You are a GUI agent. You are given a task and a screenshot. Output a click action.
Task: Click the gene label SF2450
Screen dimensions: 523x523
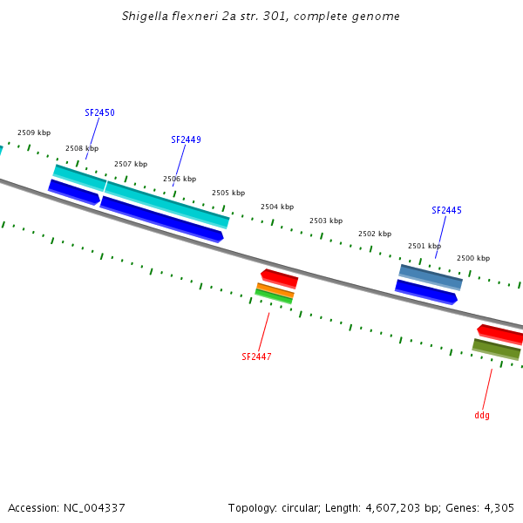pos(99,113)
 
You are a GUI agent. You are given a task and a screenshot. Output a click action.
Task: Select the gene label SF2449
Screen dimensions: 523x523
pos(186,139)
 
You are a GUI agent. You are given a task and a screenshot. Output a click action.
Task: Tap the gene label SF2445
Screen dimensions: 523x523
pos(446,210)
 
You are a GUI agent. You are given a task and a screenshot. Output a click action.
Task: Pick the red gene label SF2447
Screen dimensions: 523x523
pos(256,357)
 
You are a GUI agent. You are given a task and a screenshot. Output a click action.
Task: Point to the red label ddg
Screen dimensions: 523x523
pos(482,415)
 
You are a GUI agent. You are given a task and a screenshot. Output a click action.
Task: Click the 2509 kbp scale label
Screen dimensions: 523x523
pos(34,132)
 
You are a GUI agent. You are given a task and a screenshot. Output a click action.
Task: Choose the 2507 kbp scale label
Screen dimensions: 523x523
pos(131,164)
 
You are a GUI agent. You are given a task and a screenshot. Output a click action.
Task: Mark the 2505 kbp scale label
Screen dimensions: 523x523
pos(228,193)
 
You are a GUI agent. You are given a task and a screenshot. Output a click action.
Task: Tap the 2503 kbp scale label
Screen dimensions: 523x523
pos(326,221)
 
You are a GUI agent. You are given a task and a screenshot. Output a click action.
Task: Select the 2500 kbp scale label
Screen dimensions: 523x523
pos(473,258)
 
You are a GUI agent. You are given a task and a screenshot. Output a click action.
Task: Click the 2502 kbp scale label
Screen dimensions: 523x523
pos(375,234)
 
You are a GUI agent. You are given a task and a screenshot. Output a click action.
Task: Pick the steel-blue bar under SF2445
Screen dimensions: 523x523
pos(431,277)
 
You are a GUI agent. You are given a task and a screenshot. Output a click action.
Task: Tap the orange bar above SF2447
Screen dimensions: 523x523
pos(275,290)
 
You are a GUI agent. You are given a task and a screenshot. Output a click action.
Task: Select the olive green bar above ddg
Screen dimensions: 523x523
pos(496,349)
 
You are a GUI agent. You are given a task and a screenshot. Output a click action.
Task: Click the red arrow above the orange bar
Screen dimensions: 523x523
pos(280,278)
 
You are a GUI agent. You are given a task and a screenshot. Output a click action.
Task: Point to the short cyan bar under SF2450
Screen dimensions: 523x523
pos(79,177)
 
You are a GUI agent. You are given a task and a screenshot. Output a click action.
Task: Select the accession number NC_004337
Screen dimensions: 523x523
pos(94,507)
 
